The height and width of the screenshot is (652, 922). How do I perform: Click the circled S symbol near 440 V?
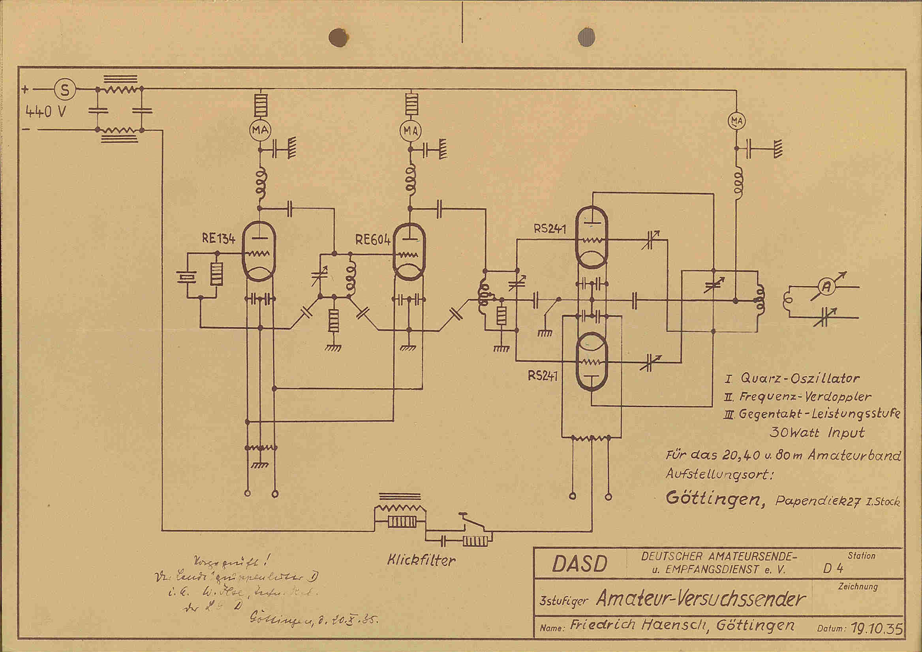(x=64, y=90)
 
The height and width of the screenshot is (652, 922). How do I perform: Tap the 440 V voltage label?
(x=45, y=111)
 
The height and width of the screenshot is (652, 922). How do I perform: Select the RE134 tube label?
(x=218, y=239)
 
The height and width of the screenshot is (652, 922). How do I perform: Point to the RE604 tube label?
(x=372, y=240)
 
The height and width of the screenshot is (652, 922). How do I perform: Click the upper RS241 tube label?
(x=550, y=229)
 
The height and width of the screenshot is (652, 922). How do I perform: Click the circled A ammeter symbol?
(x=827, y=286)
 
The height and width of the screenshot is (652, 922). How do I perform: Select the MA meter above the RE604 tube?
(x=410, y=130)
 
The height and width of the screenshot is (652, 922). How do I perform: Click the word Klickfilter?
(x=421, y=560)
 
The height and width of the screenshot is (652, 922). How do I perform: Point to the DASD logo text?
(x=580, y=564)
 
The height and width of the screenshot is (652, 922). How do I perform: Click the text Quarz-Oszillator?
(x=800, y=378)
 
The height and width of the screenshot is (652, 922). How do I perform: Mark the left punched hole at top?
(x=338, y=38)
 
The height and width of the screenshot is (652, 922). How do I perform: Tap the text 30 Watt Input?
(x=817, y=433)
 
